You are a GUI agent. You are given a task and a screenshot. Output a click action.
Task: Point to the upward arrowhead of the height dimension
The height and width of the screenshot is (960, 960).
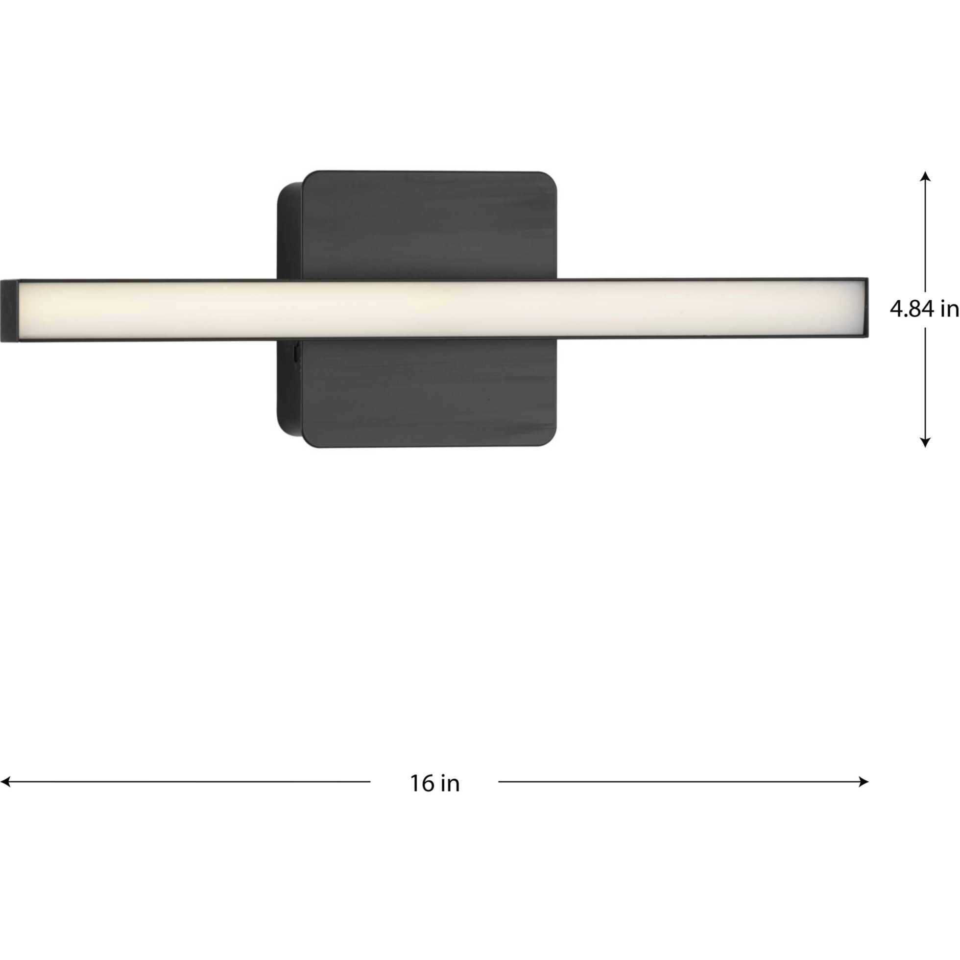(x=925, y=176)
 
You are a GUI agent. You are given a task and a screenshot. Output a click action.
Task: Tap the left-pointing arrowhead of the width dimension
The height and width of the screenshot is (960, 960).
(x=5, y=782)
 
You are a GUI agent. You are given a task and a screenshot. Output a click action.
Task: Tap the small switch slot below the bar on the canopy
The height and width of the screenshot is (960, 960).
(x=296, y=354)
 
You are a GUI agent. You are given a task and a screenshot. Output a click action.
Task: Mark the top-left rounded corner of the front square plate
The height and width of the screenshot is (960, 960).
(x=310, y=178)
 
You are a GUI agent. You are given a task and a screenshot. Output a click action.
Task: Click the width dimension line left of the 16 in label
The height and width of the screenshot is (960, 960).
(x=189, y=782)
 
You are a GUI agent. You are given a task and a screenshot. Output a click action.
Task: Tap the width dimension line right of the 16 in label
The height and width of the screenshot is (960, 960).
(x=681, y=782)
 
